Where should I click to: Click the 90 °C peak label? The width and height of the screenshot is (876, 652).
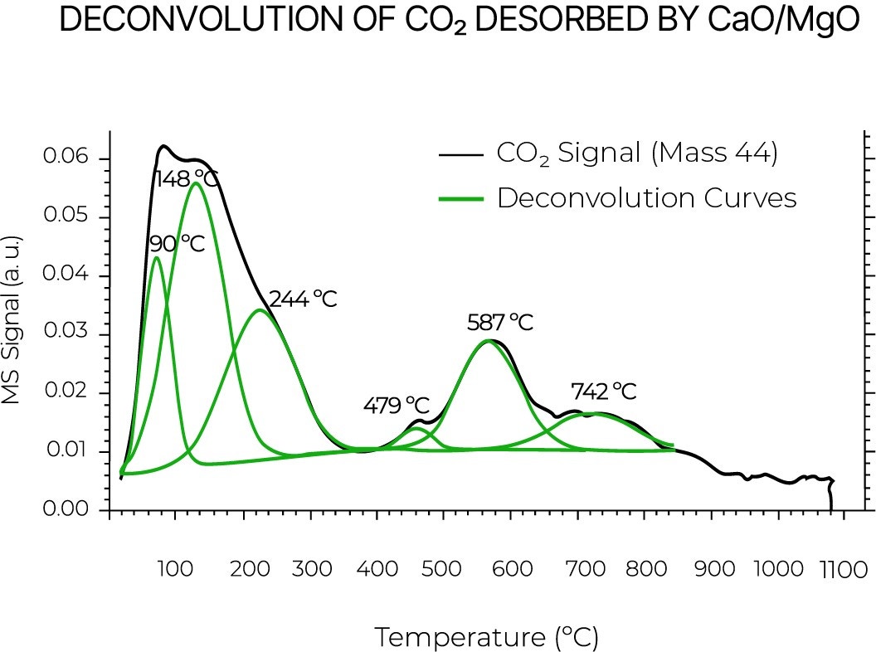[x=177, y=243]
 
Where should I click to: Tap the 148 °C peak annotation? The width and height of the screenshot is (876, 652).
[x=187, y=178]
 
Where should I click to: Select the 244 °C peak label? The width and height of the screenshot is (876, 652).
[x=303, y=299]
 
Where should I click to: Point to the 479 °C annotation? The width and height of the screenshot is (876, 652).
[x=397, y=406]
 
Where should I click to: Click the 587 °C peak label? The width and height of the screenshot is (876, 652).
[x=500, y=322]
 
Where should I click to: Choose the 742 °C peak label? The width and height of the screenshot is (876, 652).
[x=604, y=391]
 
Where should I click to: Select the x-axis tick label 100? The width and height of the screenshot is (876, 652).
[x=173, y=569]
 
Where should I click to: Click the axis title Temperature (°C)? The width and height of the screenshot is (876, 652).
[x=486, y=637]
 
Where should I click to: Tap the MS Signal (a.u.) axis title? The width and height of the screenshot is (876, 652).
[x=12, y=319]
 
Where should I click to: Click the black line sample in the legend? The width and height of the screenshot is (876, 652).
[x=460, y=154]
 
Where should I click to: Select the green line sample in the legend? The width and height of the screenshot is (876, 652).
[x=460, y=199]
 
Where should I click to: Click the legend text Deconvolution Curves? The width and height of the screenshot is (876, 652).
[x=646, y=199]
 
